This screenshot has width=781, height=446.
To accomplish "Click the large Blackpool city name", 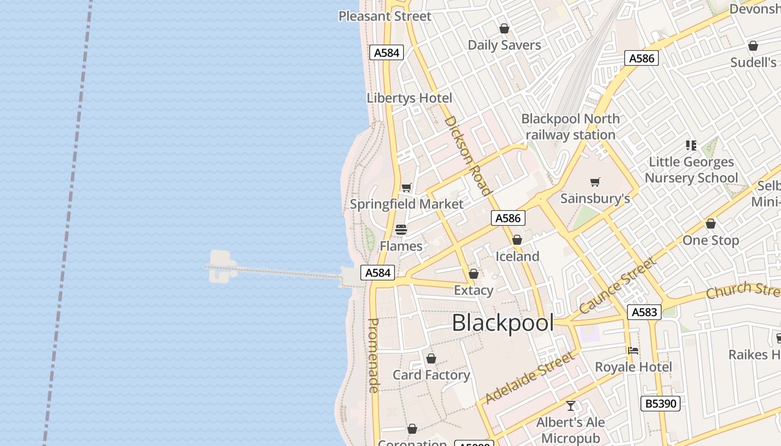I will point(503,323).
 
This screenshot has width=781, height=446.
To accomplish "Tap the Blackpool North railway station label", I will point(570,127).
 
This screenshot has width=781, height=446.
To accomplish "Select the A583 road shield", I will point(644,312).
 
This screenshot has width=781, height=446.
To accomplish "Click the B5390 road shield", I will point(661,403).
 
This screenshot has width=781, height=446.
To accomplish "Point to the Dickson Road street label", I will point(468,155).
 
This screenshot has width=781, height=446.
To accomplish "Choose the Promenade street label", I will point(374,355).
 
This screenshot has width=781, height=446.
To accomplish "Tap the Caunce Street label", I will point(618,285).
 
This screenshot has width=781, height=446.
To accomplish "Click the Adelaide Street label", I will point(529,377).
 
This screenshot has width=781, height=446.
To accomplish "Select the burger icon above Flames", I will point(401,230).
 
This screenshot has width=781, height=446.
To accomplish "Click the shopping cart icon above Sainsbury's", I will point(595,182).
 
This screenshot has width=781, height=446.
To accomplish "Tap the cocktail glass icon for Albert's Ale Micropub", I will point(571,406).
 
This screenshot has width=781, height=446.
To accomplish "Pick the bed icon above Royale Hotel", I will point(633,351).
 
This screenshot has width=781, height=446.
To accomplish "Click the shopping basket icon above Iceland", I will point(517,240).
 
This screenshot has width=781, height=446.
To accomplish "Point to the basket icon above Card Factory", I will point(431,358).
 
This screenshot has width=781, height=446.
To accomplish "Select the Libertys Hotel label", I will point(409,98).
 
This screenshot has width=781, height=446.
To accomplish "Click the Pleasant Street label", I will point(385,16).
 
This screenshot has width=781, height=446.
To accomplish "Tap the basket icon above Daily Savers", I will point(504,28).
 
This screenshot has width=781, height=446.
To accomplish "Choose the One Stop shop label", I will point(711,240).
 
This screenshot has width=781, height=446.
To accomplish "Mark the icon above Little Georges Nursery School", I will point(691,146).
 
